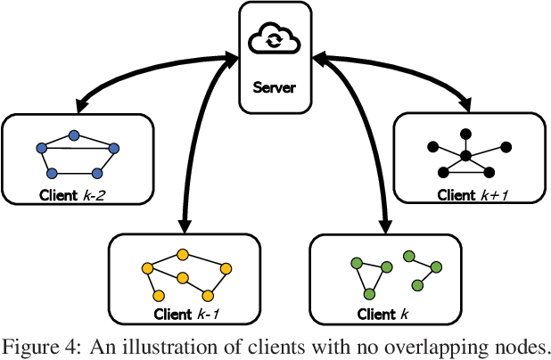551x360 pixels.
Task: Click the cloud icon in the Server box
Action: click(x=275, y=41)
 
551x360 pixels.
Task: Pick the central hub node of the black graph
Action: click(x=465, y=157)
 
